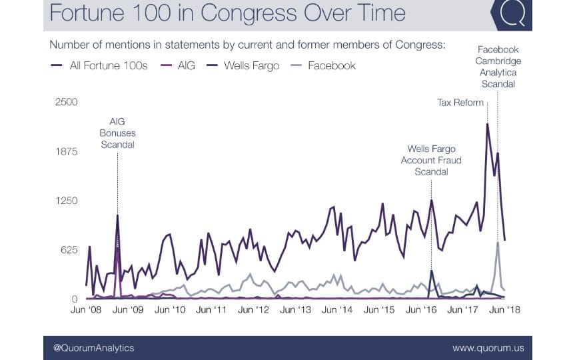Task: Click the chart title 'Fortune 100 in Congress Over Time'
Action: click(227, 14)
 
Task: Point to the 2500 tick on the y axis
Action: click(67, 102)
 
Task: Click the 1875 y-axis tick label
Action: click(67, 151)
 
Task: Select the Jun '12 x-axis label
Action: click(254, 310)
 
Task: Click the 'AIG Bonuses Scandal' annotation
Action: click(117, 133)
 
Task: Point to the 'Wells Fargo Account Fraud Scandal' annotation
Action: click(431, 160)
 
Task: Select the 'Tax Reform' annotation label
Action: click(460, 102)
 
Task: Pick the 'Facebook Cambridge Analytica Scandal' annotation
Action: click(498, 67)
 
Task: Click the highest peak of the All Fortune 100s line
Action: click(488, 124)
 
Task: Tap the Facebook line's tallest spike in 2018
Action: click(498, 243)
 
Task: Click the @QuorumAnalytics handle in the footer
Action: click(89, 347)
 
